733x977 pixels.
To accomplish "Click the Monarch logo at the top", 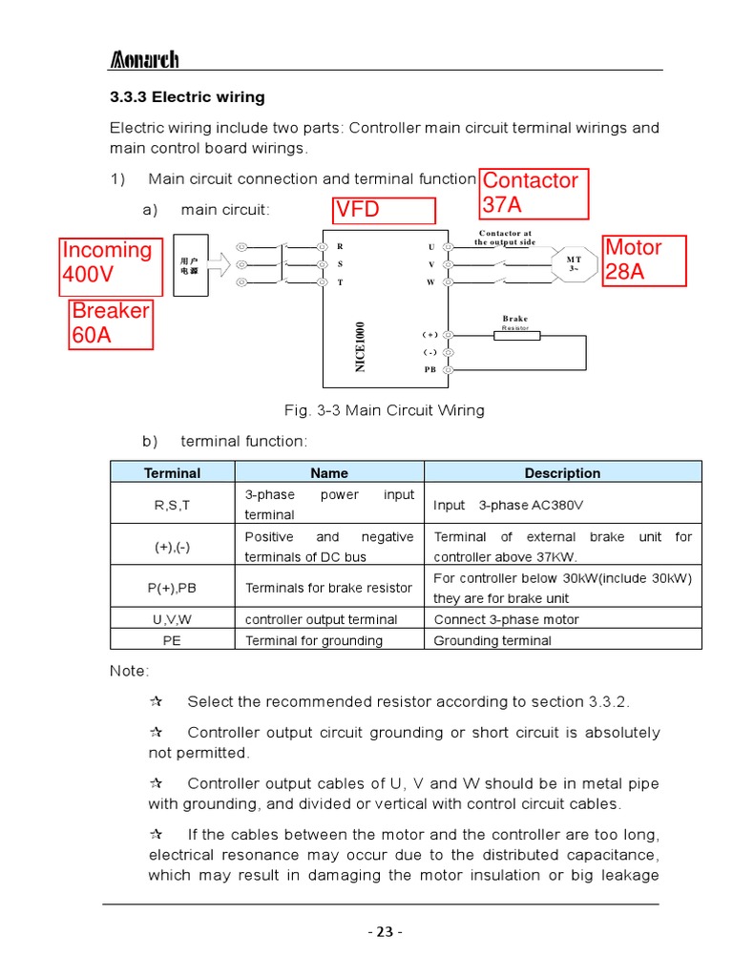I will [144, 60].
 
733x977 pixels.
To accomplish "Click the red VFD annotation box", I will [384, 211].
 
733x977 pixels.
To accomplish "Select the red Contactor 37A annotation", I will [534, 193].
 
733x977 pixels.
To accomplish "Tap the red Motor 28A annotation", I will [644, 260].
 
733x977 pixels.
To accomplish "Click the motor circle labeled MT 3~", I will [575, 264].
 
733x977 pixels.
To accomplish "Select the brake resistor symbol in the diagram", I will [515, 335].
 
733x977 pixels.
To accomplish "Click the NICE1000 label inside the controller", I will [361, 347].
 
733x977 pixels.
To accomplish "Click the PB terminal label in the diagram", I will [429, 369].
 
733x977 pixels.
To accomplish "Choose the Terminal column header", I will [172, 473].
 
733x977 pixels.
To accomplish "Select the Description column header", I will [562, 473].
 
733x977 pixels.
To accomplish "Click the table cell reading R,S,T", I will [172, 504].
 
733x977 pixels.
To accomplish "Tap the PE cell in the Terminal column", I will [172, 640].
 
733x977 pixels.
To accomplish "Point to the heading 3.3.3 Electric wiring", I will [187, 97].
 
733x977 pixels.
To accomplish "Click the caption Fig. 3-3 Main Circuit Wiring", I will [385, 410].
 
